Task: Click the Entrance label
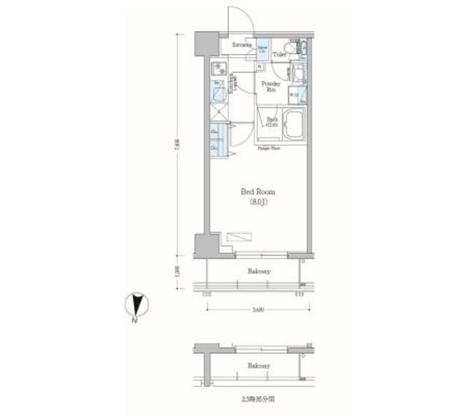(x=242, y=45)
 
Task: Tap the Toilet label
(x=279, y=54)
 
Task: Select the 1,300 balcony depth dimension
(x=176, y=272)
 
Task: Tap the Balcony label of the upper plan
(x=257, y=271)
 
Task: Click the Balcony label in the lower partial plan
(x=257, y=366)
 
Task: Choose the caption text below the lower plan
(x=254, y=399)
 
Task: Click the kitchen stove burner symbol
(x=219, y=70)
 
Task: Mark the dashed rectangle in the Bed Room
(x=240, y=236)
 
